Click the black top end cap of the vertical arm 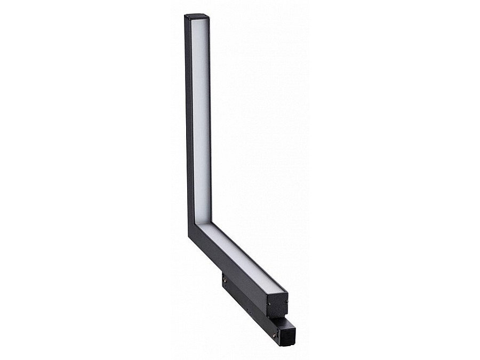(197, 17)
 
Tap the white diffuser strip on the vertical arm (200, 117)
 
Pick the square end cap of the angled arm (277, 306)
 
